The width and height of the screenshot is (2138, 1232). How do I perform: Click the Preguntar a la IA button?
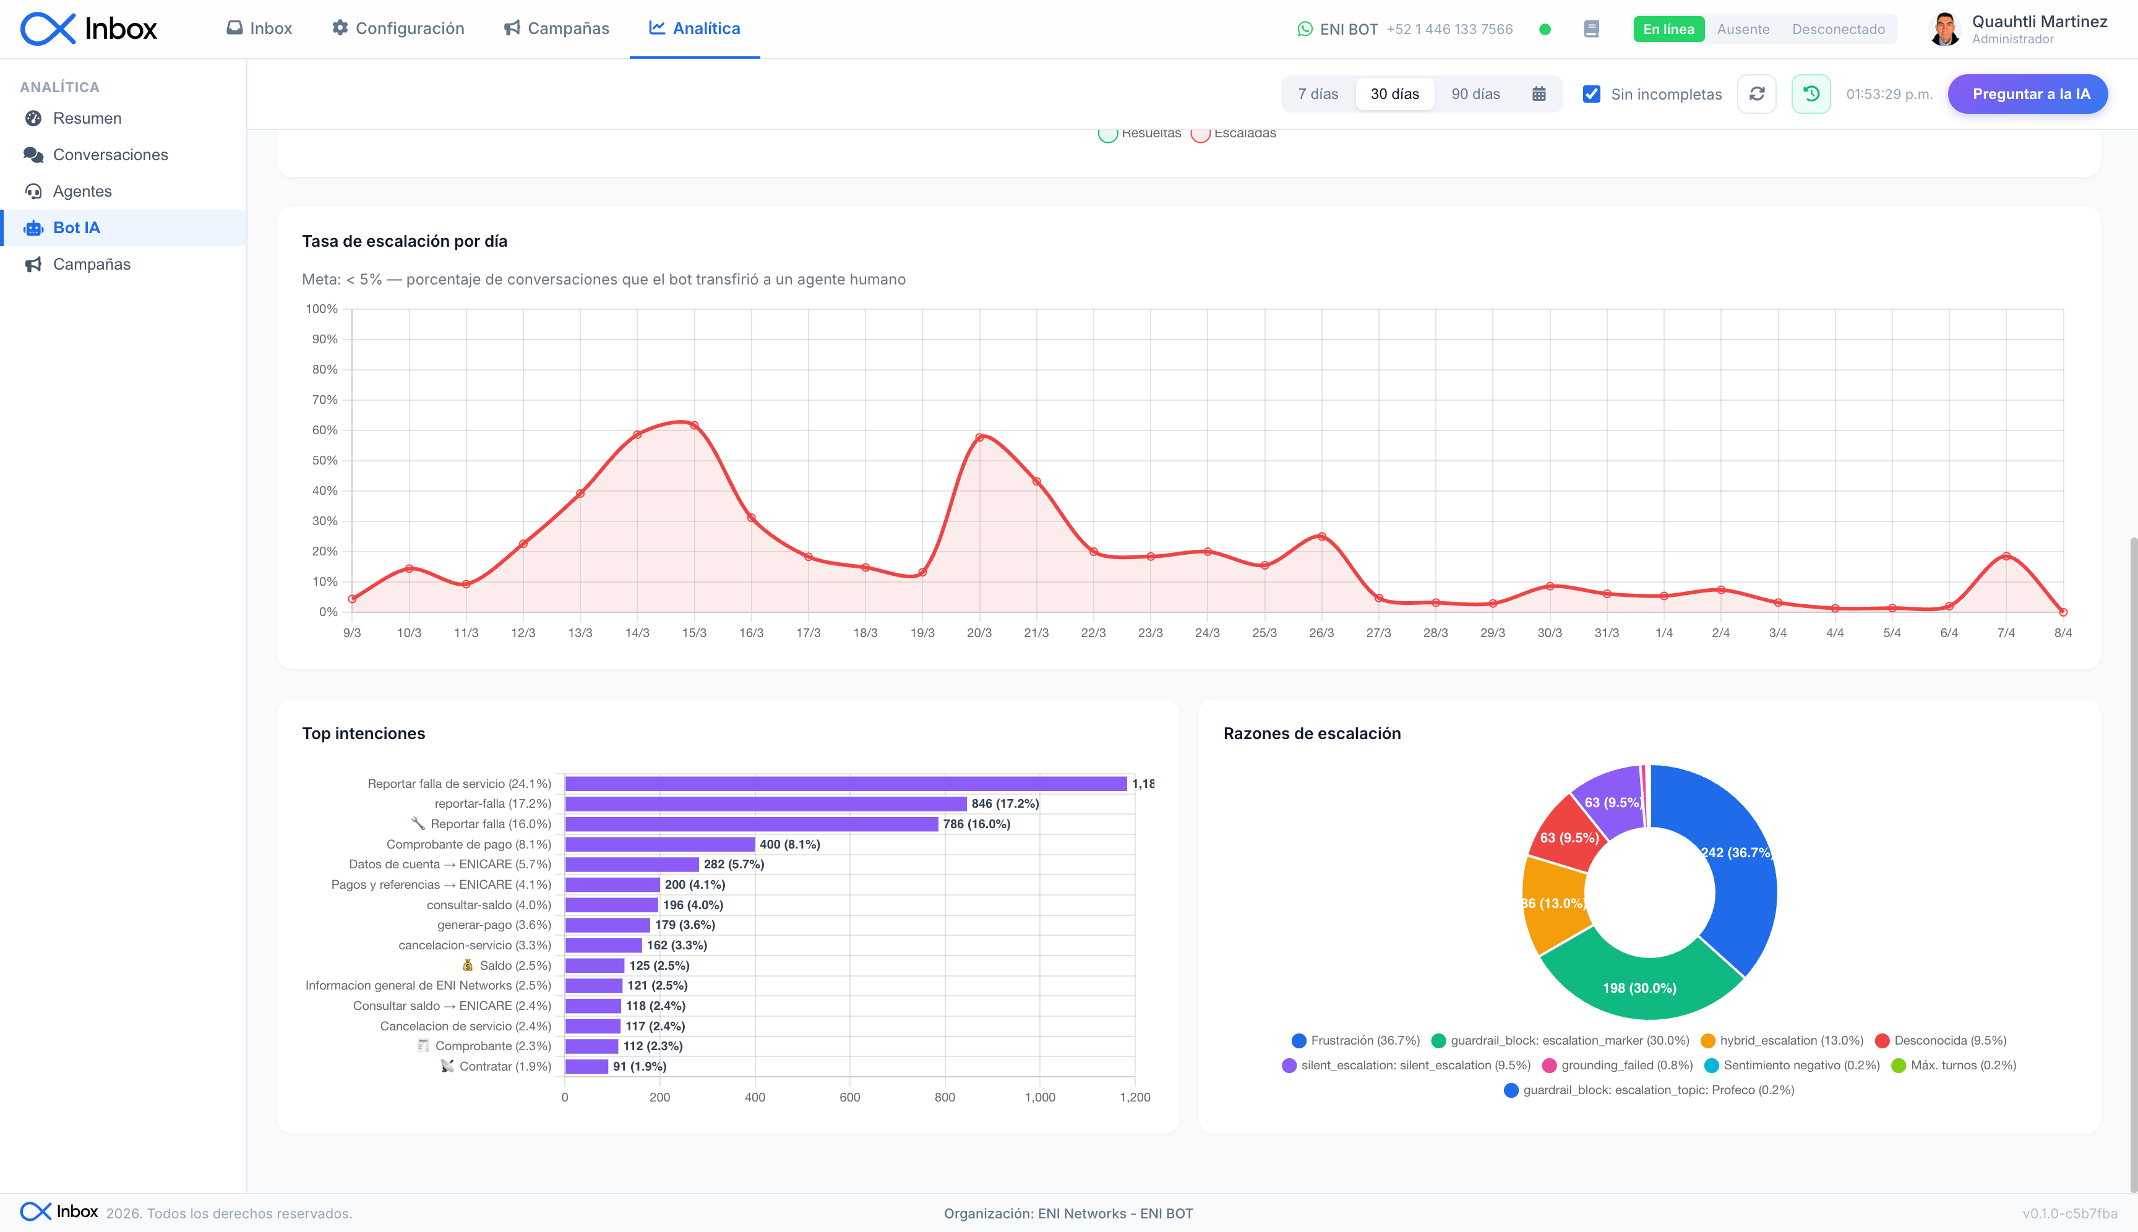coord(2027,94)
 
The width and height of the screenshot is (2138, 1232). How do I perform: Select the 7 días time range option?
coord(1318,94)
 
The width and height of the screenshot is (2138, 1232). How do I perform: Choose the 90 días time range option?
coord(1475,94)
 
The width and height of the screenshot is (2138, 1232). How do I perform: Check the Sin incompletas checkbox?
coord(1591,94)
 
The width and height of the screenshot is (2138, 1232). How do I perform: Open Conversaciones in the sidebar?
coord(110,155)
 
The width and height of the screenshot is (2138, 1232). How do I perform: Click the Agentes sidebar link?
coord(82,191)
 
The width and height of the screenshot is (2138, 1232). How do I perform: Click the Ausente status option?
coord(1743,29)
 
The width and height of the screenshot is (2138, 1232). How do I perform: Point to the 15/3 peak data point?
coord(694,426)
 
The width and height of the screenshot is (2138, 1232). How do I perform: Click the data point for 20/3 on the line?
coord(979,437)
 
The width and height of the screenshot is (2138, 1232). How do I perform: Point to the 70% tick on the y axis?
coord(325,400)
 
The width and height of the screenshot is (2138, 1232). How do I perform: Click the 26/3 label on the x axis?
coord(1321,633)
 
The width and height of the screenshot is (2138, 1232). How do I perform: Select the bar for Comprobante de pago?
coord(659,844)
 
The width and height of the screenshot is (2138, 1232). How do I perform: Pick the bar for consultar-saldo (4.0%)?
coord(611,905)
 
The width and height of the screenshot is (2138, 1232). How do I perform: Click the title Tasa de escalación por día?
coord(405,241)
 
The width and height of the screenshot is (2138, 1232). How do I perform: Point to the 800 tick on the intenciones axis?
coord(945,1097)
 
